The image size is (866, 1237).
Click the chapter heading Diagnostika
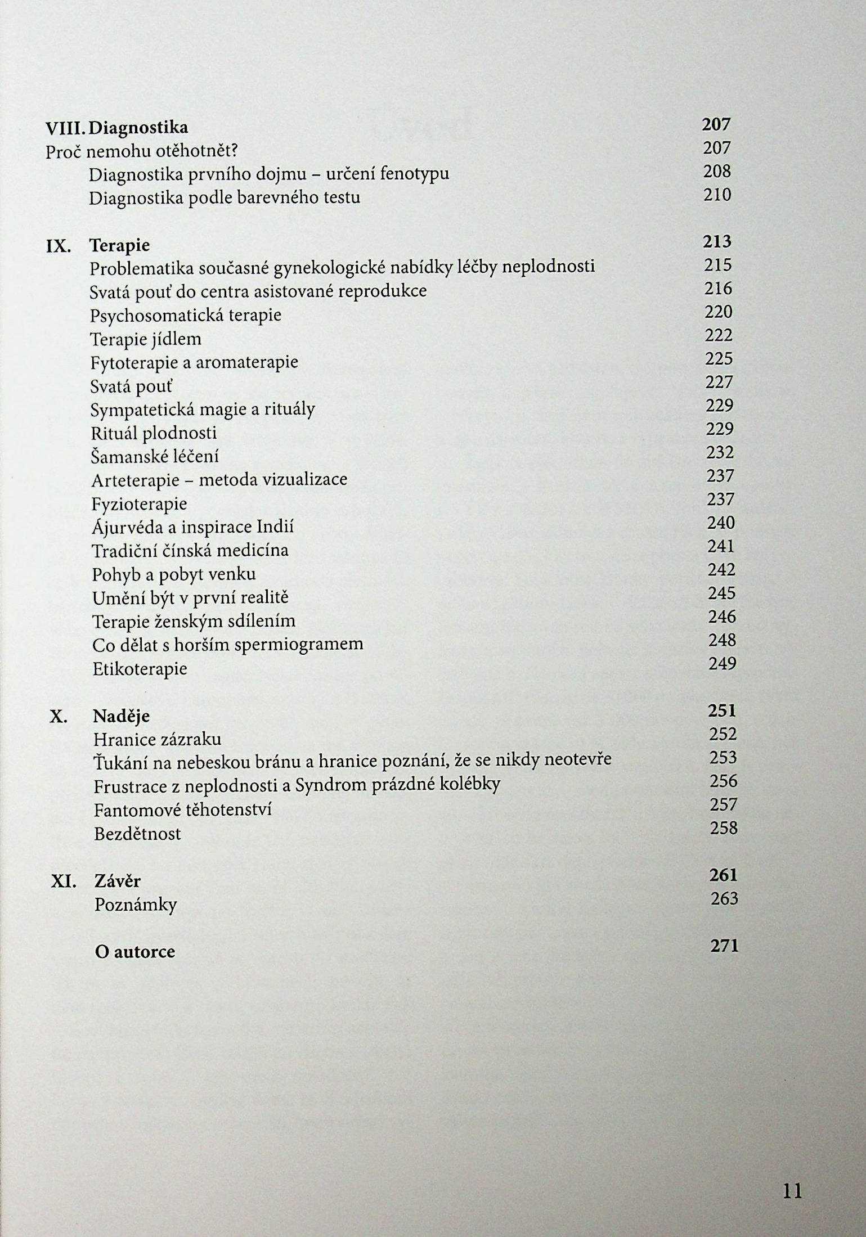tap(139, 129)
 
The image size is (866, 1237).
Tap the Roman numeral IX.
tap(58, 246)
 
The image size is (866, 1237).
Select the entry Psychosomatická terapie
tap(185, 316)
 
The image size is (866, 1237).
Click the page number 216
tap(718, 289)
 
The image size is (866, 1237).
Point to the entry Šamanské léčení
tap(155, 457)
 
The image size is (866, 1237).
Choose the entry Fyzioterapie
tap(138, 504)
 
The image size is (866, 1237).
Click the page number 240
tap(721, 524)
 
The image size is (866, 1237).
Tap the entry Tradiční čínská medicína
tap(190, 551)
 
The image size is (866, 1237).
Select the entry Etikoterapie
tap(140, 669)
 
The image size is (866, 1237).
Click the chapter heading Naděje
tap(122, 717)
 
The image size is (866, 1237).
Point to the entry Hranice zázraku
tap(158, 740)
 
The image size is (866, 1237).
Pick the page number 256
tap(723, 781)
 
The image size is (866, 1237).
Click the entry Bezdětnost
tap(137, 834)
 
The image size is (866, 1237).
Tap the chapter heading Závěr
tap(118, 881)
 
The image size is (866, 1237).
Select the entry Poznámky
tap(136, 905)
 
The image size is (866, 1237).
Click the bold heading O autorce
tap(135, 952)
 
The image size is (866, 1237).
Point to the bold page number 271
tap(724, 946)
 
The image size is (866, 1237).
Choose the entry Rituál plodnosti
tap(154, 433)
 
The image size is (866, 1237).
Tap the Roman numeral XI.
tap(63, 881)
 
